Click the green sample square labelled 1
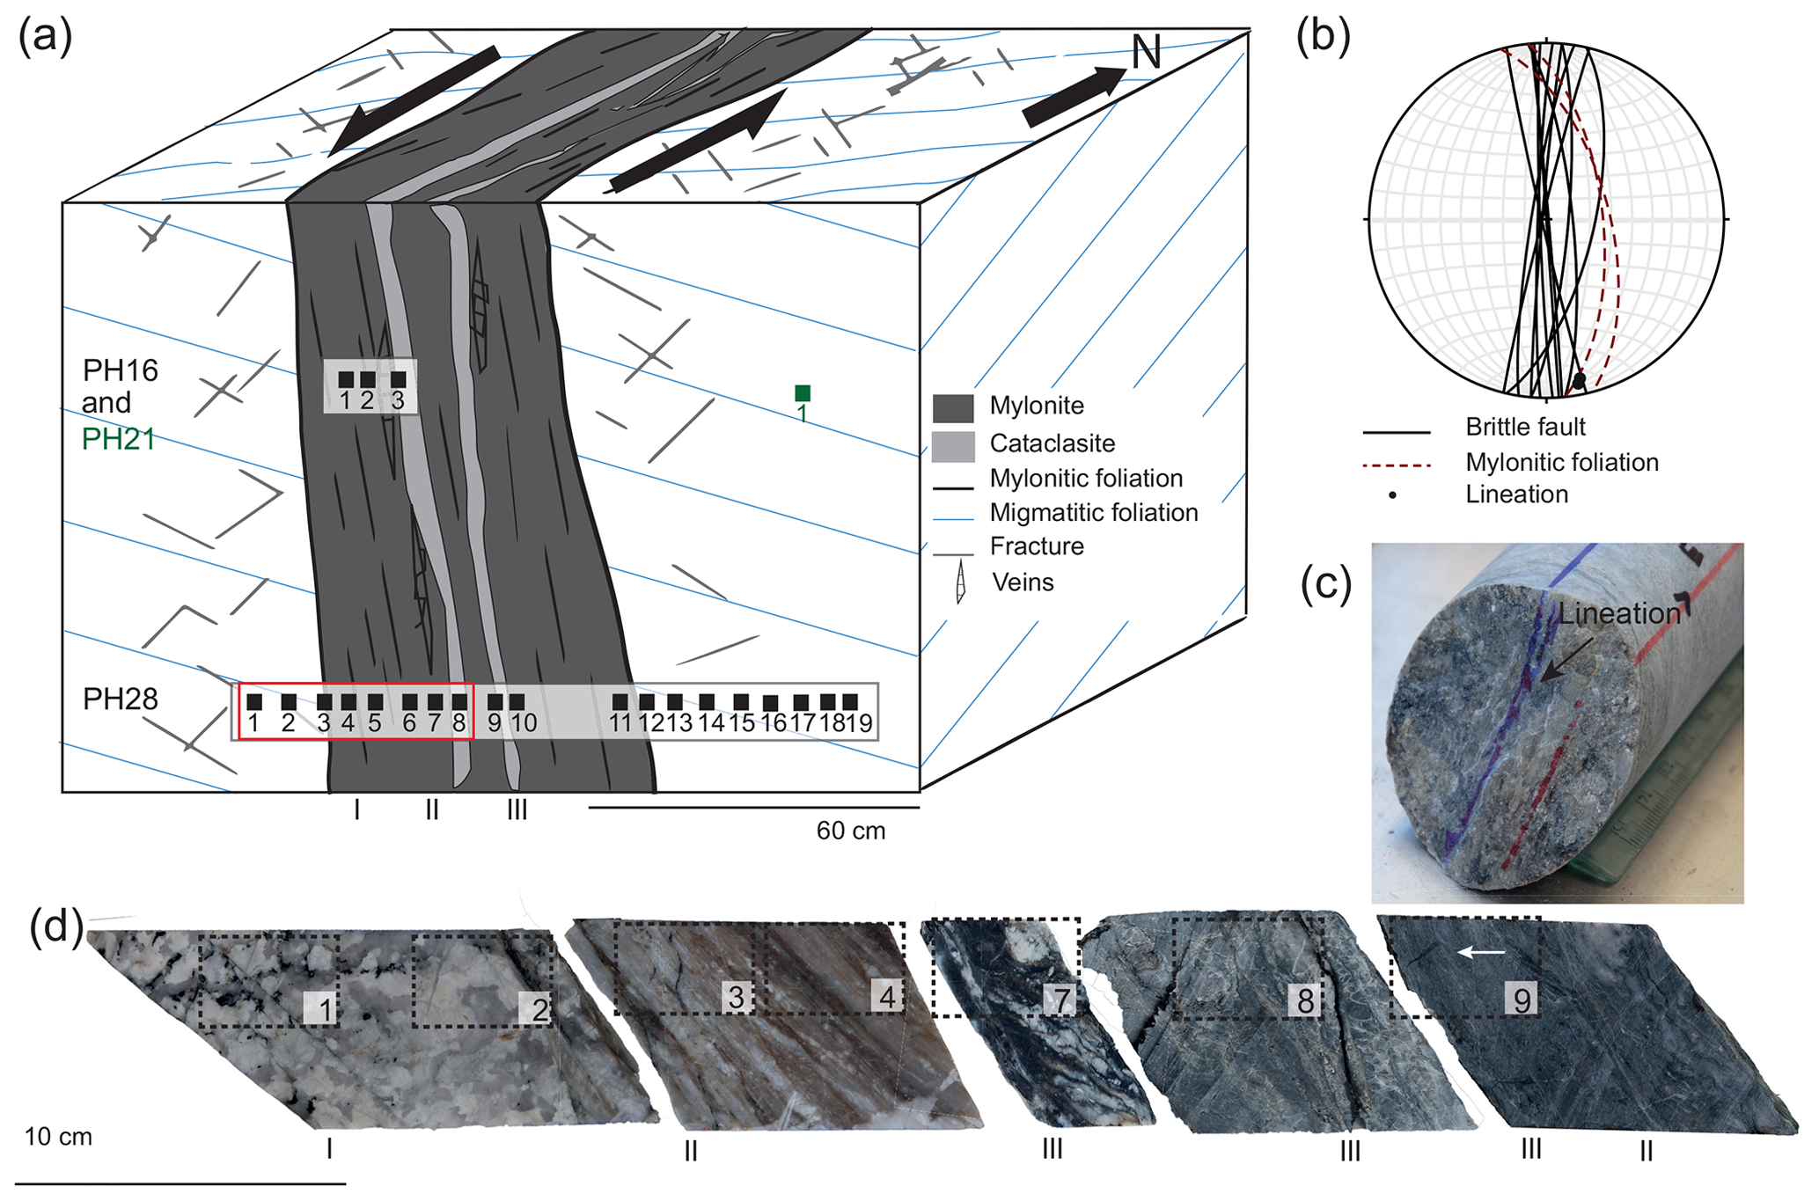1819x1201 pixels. (802, 393)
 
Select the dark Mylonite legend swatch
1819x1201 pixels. (953, 408)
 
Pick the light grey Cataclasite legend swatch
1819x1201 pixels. (953, 446)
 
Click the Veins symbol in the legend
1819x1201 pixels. (961, 582)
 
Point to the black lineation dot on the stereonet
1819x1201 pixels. (1579, 381)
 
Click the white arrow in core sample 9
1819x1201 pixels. (1482, 951)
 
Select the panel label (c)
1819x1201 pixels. (1326, 584)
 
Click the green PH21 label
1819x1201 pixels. (118, 438)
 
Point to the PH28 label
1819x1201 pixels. (121, 699)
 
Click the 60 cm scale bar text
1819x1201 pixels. (850, 831)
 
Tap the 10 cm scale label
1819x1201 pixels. (58, 1137)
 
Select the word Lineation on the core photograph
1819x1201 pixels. (1619, 613)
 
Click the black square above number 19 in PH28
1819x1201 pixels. (850, 701)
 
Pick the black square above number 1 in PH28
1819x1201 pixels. (254, 702)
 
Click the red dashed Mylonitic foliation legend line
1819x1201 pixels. (1396, 464)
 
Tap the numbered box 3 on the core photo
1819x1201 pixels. (736, 997)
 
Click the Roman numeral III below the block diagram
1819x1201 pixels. (517, 809)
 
